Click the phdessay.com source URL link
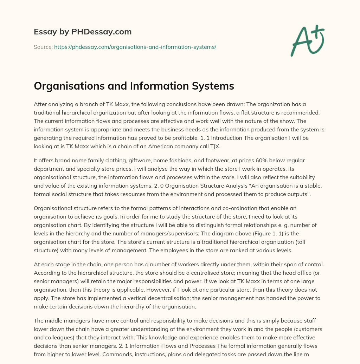[135, 47]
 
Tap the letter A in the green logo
[301, 42]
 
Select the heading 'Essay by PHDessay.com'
[83, 32]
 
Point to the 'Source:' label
[43, 47]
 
